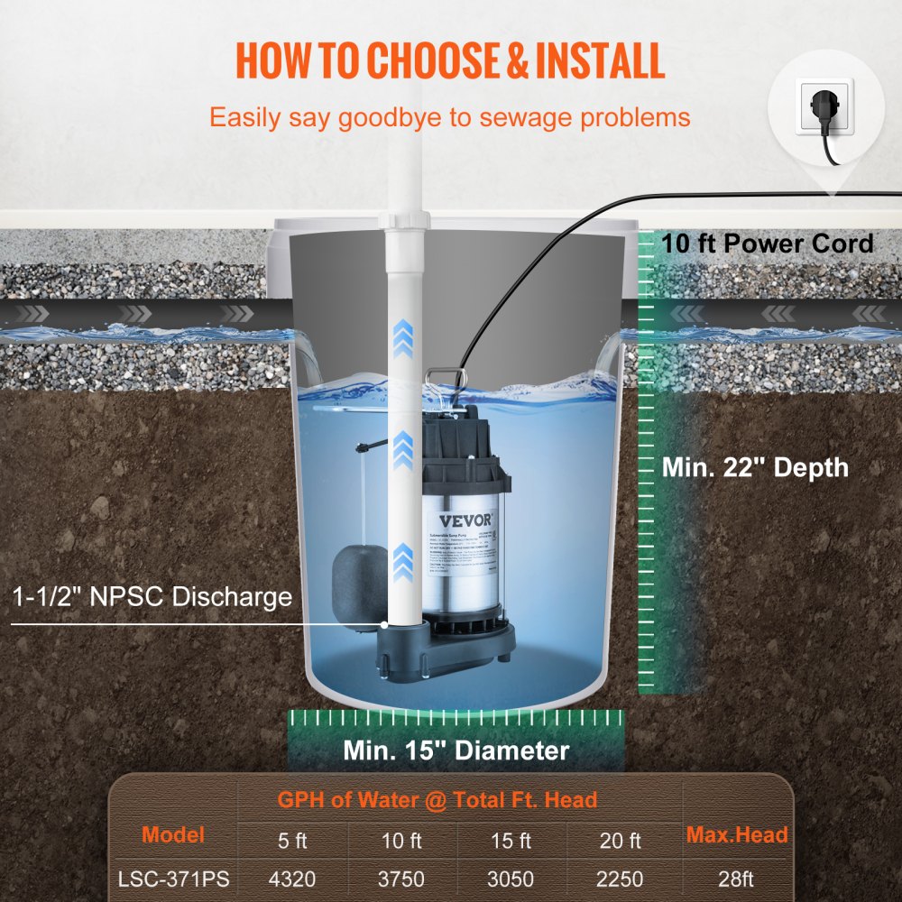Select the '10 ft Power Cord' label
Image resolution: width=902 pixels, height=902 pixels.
coord(767,244)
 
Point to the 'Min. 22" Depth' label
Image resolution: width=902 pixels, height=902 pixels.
coord(755,467)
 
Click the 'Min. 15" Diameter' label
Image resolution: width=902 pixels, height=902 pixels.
coord(456,750)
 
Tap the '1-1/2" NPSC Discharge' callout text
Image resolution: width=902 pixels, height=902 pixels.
coord(152,596)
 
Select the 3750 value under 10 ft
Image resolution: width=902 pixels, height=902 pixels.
coord(401,879)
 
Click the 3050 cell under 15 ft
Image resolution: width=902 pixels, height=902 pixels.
coord(511,879)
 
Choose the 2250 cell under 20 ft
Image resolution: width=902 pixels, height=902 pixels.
coord(621,879)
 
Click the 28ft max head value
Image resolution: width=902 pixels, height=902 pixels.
coord(736,879)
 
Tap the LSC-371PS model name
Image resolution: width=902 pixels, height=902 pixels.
coord(173,879)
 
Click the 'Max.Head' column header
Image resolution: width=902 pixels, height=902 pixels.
coord(737,834)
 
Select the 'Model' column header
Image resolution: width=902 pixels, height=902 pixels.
coord(173,834)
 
